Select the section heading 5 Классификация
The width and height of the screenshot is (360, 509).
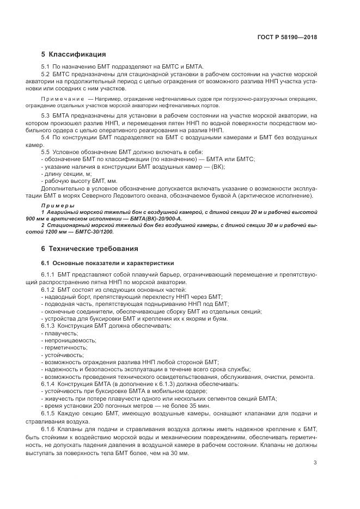tap(74, 54)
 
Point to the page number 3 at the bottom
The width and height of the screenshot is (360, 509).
tap(315, 463)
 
